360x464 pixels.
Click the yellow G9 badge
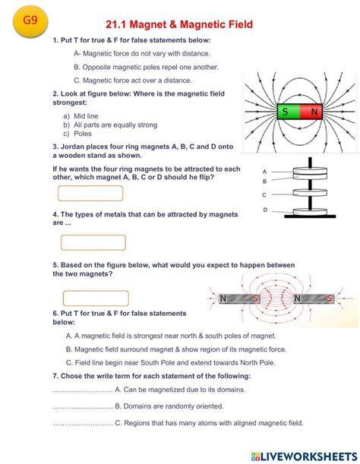pyautogui.click(x=29, y=22)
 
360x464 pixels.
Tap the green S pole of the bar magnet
pyautogui.click(x=285, y=112)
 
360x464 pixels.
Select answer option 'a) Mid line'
pyautogui.click(x=81, y=116)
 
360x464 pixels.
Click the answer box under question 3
pyautogui.click(x=90, y=194)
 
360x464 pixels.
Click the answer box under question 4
pyautogui.click(x=93, y=242)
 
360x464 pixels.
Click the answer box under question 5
pyautogui.click(x=96, y=298)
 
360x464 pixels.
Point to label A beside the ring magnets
pyautogui.click(x=264, y=172)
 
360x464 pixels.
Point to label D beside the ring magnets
pyautogui.click(x=264, y=210)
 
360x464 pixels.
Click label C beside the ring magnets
pyautogui.click(x=264, y=194)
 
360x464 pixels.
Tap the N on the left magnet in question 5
pyautogui.click(x=223, y=298)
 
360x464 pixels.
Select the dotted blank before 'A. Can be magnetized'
pyautogui.click(x=83, y=390)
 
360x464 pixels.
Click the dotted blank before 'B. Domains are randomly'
pyautogui.click(x=83, y=406)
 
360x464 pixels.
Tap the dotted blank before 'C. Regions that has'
pyautogui.click(x=83, y=423)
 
